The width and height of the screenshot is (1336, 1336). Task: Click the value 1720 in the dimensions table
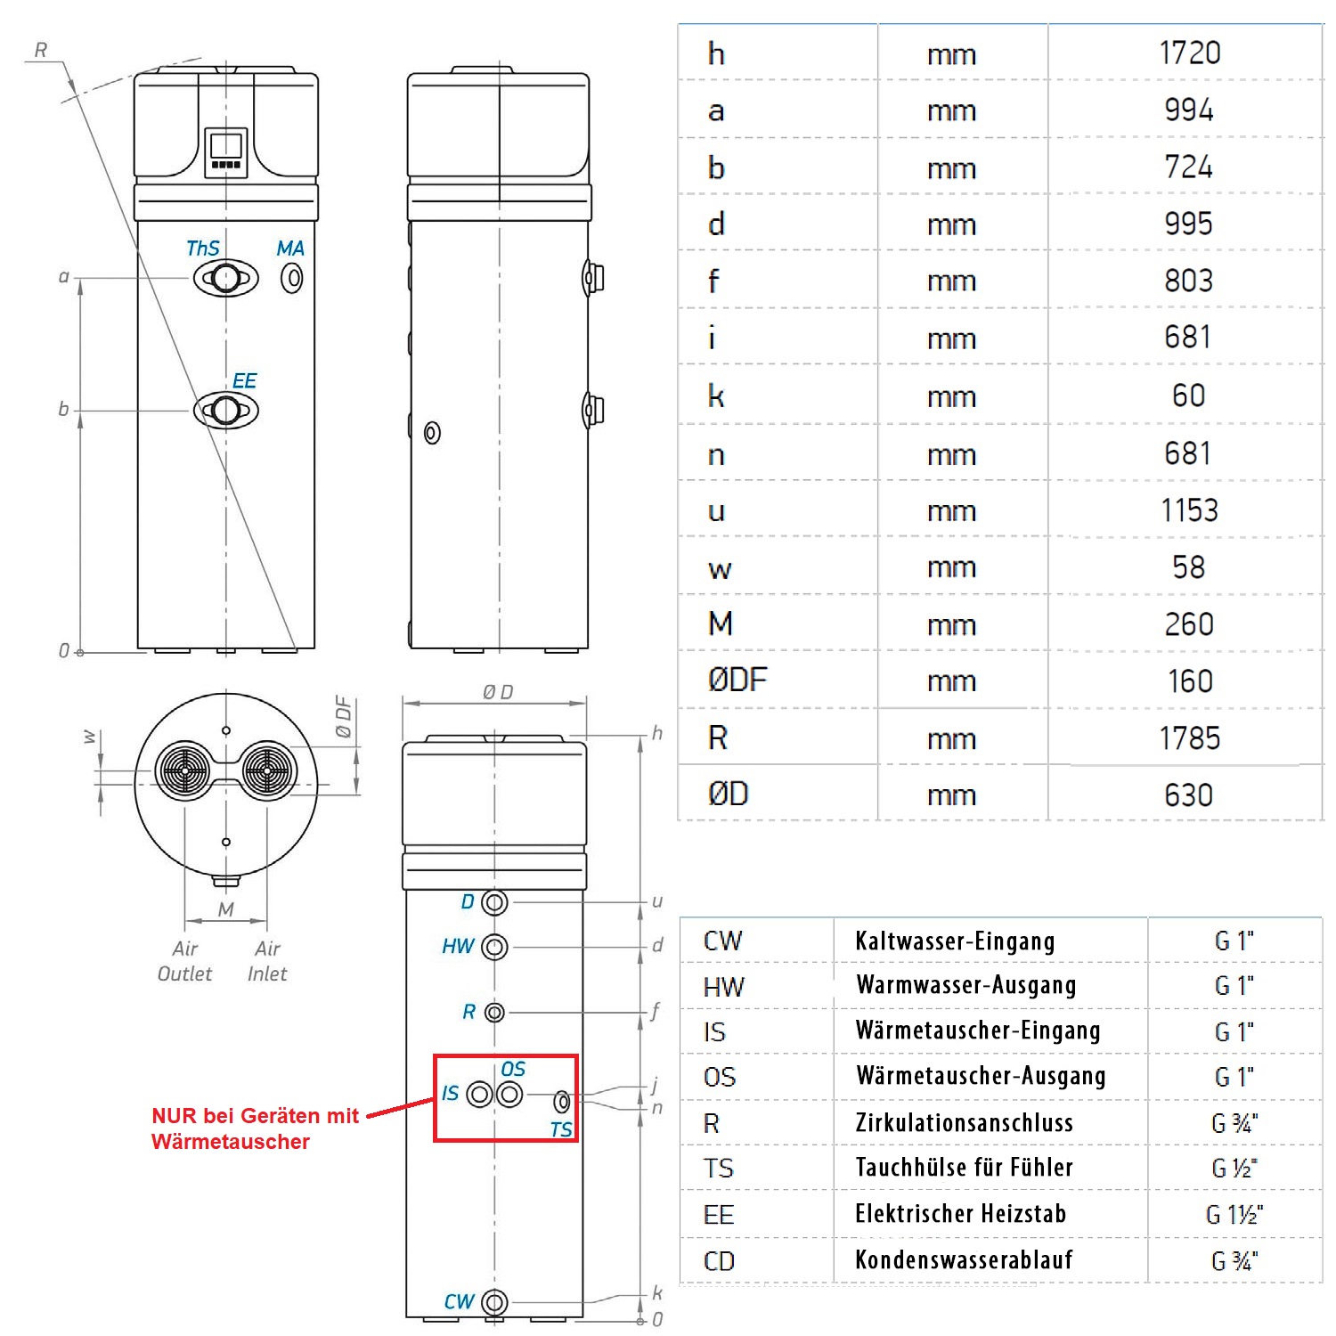pos(1189,53)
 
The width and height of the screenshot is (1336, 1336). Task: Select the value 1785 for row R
pos(1189,738)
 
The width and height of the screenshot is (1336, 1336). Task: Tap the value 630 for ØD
pos(1189,795)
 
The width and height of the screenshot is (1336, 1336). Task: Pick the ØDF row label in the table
pos(737,681)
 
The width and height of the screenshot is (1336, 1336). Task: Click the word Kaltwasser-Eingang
pos(955,941)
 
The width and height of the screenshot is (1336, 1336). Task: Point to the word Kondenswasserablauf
pos(964,1260)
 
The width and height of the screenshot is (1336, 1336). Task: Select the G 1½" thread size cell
pos(1234,1215)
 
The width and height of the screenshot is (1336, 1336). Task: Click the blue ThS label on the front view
pos(202,248)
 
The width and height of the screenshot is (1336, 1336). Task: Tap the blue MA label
pos(290,248)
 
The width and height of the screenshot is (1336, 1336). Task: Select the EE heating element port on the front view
pos(226,411)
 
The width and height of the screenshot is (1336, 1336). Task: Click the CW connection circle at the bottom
pos(494,1303)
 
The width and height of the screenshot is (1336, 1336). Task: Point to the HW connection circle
pos(494,947)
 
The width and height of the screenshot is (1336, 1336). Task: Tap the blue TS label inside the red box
pos(560,1130)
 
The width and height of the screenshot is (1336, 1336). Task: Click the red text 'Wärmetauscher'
pos(231,1142)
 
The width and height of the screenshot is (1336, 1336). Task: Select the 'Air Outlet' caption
pos(184,961)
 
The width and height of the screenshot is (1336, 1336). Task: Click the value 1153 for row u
pos(1189,510)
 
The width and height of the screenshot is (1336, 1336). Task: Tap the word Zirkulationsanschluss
pos(964,1123)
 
